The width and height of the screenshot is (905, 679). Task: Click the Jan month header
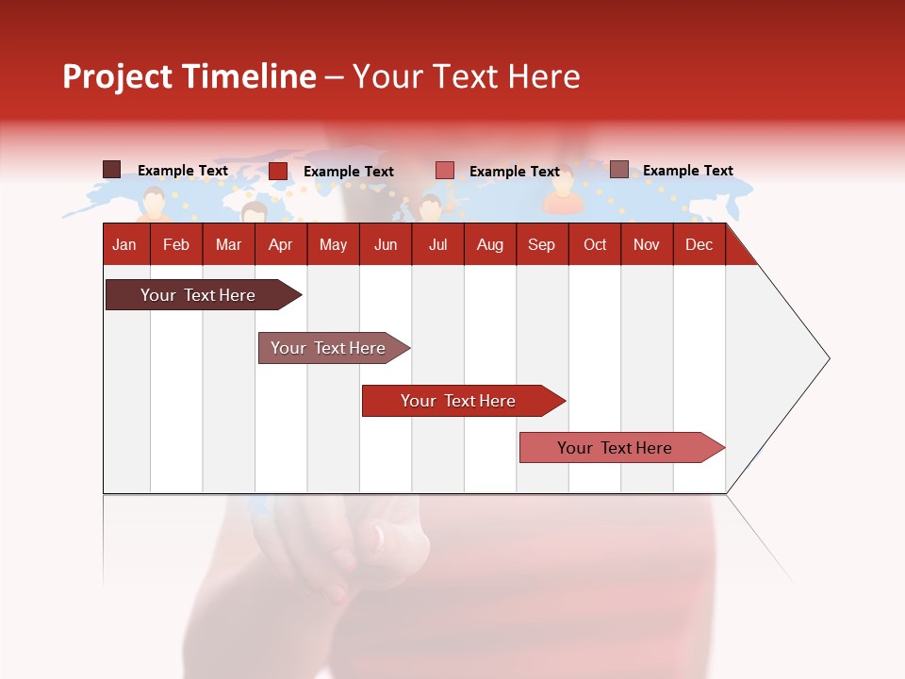point(124,244)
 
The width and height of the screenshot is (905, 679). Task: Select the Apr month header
point(281,244)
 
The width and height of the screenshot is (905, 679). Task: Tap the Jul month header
point(437,244)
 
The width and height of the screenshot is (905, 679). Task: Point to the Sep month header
point(541,244)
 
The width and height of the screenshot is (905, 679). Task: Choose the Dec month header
point(699,244)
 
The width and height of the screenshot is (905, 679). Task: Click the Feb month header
point(176,244)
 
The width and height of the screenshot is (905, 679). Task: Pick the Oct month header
point(595,244)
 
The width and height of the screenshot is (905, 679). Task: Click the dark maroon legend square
point(112,170)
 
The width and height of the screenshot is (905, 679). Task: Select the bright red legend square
point(278,171)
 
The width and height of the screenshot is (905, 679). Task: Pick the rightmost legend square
point(619,170)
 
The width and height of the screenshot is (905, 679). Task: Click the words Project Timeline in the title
point(189,76)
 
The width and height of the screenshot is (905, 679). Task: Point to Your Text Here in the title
point(466,76)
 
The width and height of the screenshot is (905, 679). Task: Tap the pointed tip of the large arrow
point(828,358)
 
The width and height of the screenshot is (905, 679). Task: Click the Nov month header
point(647,244)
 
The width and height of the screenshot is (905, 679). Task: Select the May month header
point(333,244)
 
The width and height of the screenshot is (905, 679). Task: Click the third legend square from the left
point(445,171)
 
